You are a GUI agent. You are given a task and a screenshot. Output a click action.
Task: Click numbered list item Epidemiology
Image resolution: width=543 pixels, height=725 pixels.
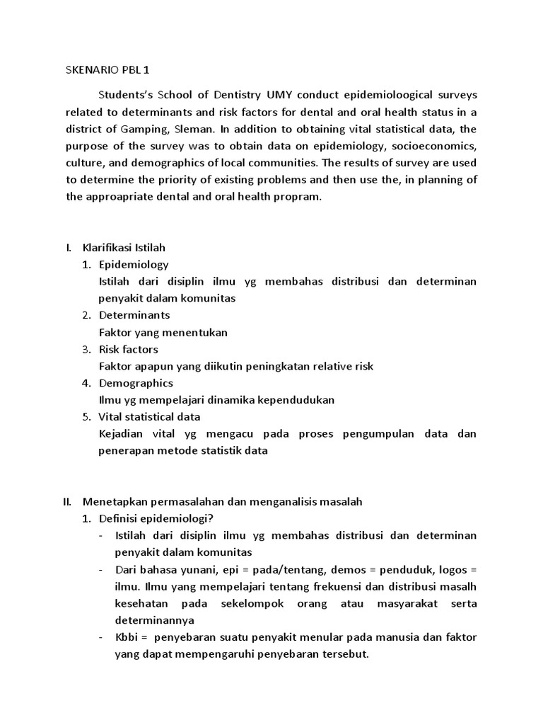point(134,264)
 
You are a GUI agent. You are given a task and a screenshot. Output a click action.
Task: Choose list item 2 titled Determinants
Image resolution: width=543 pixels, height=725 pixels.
point(134,315)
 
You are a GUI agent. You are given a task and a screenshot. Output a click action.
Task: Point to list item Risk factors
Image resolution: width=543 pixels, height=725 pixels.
point(128,349)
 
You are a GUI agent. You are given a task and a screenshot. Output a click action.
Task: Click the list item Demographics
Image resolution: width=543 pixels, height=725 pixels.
point(136,383)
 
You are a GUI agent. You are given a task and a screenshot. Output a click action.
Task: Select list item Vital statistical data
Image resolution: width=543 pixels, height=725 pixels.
point(149,416)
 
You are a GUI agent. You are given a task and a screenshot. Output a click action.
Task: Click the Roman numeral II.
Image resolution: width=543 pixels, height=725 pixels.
point(68,501)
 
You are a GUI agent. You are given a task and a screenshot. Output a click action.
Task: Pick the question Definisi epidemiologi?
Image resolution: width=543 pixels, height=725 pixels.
point(151,518)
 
